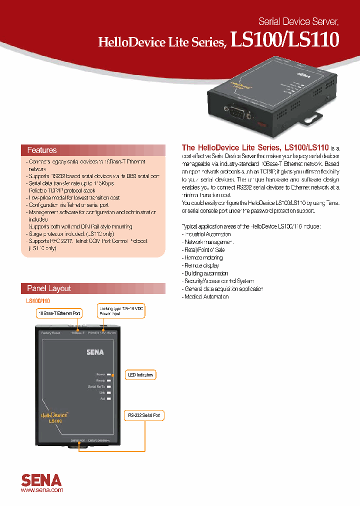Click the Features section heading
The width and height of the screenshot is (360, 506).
coord(42,150)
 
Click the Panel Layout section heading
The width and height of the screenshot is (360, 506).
coord(49,288)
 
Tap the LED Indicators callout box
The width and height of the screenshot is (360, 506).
coord(140,374)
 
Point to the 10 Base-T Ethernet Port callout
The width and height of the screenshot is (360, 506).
coord(59,313)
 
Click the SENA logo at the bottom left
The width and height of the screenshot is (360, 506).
coord(41,480)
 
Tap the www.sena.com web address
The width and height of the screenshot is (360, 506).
coord(42,491)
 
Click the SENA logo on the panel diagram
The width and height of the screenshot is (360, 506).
coord(94,352)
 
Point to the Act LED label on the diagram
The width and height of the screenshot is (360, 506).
coord(102,398)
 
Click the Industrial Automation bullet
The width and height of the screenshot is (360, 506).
coord(206,234)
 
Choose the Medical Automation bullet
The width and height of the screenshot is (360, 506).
coord(205,296)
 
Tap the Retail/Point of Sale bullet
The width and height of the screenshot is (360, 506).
coord(205,249)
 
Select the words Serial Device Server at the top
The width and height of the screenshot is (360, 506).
coord(298,21)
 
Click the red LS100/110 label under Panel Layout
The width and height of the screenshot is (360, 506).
coord(38,301)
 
